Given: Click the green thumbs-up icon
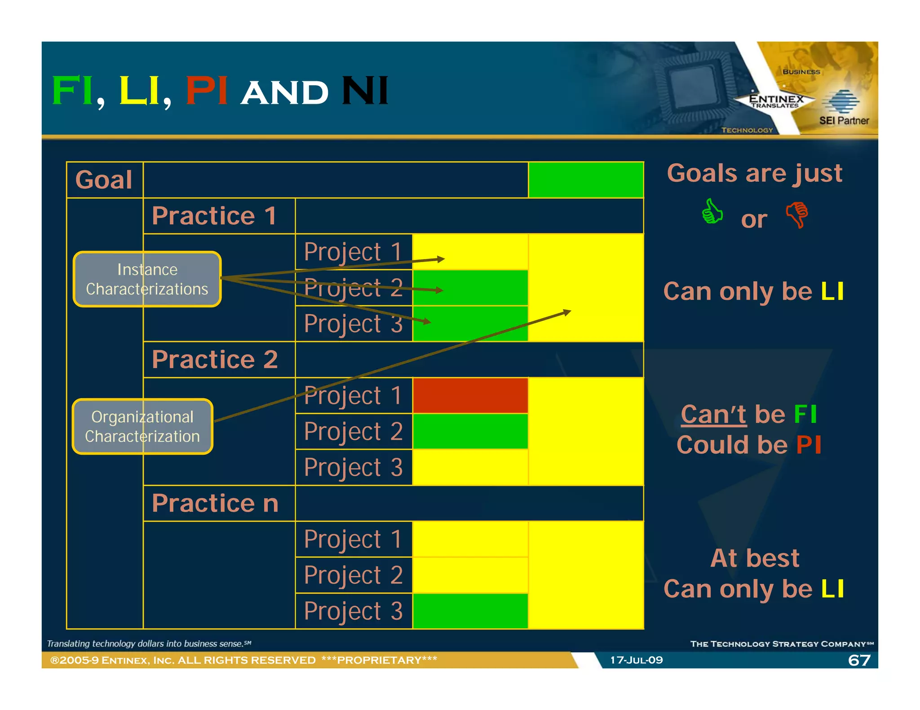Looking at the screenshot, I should click(x=712, y=211).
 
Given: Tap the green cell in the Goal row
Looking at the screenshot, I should click(x=586, y=180).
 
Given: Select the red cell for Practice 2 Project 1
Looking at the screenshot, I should click(x=470, y=395).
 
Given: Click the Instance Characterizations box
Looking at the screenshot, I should click(x=147, y=279).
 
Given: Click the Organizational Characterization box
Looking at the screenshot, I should click(x=142, y=426).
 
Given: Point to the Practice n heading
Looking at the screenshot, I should click(x=215, y=503).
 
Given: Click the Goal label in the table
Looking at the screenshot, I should click(x=104, y=180).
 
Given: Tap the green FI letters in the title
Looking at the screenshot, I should click(x=72, y=91).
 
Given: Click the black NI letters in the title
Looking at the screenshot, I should click(x=365, y=91).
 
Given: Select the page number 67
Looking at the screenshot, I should click(x=859, y=660).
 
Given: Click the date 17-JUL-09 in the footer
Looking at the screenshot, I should click(x=636, y=660).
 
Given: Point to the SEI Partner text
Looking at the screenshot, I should click(x=844, y=121).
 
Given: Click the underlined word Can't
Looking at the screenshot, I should click(x=713, y=414).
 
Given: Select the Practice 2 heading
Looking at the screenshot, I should click(x=215, y=359).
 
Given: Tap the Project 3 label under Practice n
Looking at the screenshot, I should click(x=353, y=611).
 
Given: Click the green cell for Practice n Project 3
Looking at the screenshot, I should click(x=470, y=611).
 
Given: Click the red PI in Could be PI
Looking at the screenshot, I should click(x=809, y=445).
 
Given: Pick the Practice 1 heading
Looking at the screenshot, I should click(x=214, y=216).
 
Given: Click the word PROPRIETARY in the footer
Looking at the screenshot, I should click(x=379, y=660).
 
